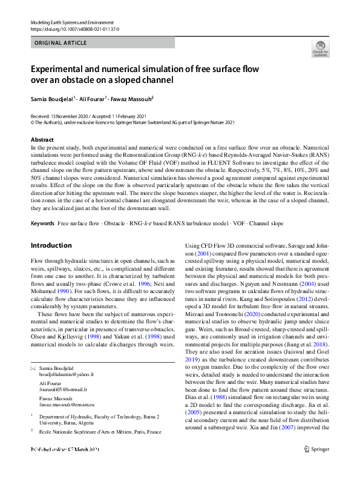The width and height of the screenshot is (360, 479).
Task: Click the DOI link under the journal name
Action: pyautogui.click(x=74, y=28)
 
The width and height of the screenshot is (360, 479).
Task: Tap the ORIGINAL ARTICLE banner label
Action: pyautogui.click(x=59, y=44)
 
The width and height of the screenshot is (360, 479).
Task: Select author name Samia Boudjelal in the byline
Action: pyautogui.click(x=51, y=98)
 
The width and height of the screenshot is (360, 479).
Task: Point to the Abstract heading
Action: pyautogui.click(x=42, y=140)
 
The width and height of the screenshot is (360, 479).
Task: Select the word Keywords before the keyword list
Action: pyautogui.click(x=42, y=224)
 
